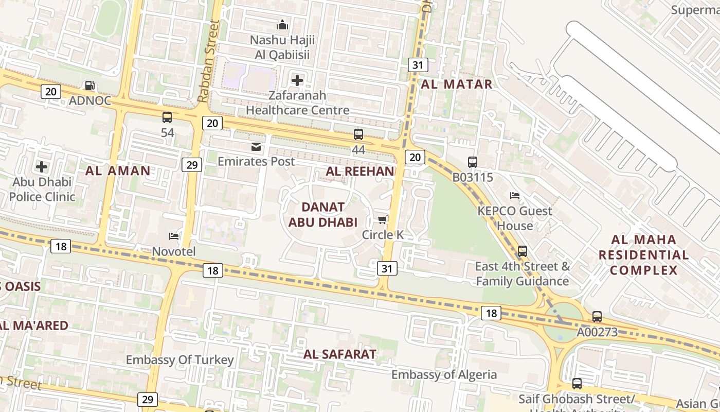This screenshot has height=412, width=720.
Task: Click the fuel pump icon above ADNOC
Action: (x=89, y=85)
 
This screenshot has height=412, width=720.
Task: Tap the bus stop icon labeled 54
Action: (x=167, y=117)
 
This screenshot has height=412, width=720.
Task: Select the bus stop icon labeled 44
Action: (x=358, y=134)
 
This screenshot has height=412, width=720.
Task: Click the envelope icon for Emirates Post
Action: (x=256, y=147)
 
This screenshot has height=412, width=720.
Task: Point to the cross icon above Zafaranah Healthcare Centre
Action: (x=297, y=80)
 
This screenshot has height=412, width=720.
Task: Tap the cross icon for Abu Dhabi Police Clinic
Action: (x=42, y=167)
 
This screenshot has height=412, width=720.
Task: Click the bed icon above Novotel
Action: (x=174, y=236)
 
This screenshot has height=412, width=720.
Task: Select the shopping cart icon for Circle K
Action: (x=382, y=220)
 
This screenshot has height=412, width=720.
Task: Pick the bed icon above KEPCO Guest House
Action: (x=514, y=196)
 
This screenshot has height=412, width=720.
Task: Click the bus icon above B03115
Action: (x=472, y=162)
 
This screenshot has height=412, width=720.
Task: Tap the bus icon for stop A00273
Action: (x=597, y=317)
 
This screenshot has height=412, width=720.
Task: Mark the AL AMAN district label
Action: (x=118, y=171)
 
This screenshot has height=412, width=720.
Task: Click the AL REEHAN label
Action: (x=360, y=171)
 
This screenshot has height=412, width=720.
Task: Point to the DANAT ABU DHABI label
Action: (x=322, y=215)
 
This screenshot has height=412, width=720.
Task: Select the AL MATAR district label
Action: (x=457, y=84)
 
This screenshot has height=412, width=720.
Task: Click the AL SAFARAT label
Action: (x=339, y=354)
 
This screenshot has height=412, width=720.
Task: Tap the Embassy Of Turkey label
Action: (x=179, y=360)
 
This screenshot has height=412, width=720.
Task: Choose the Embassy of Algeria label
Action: (x=444, y=374)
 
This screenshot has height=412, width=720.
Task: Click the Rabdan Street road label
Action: (x=208, y=61)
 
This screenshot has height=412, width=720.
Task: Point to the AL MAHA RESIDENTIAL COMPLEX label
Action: (x=643, y=255)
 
